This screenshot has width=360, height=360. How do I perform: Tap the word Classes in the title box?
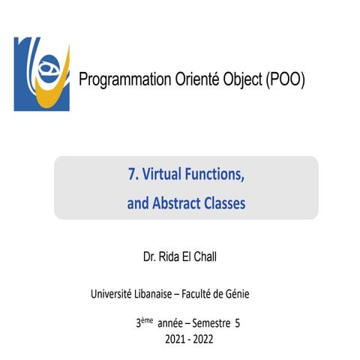[225, 202]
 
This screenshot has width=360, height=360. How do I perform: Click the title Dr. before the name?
[149, 258]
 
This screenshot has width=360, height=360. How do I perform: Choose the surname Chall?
[211, 258]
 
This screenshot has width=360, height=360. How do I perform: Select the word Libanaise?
[158, 294]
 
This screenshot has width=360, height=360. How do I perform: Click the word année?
[172, 323]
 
